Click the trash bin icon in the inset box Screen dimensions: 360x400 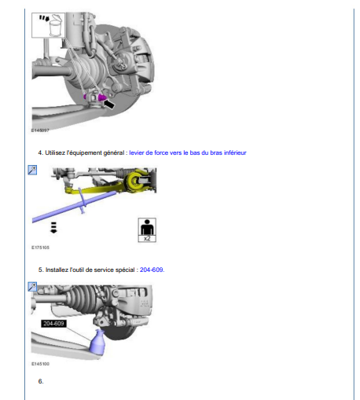pos(57,25)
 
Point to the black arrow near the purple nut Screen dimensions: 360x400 pos(109,105)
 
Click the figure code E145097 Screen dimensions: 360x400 pos(40,130)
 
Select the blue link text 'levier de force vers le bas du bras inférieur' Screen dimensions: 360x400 pos(188,152)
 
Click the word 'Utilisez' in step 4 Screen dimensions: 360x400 pos(55,152)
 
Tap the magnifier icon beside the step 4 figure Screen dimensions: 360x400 pos(32,170)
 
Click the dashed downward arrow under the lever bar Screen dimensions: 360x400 pos(53,227)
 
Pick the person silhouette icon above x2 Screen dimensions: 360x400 pos(147,227)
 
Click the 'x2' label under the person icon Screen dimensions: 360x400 pos(147,238)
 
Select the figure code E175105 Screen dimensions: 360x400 pos(40,248)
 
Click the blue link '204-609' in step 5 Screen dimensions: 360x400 pos(152,270)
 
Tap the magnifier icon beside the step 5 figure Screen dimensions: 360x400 pos(32,287)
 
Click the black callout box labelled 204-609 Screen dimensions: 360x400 pos(53,324)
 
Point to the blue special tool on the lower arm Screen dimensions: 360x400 pos(97,342)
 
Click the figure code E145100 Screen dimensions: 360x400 pos(40,364)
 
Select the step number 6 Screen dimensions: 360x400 pos(41,381)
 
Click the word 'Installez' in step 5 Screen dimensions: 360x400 pos(57,270)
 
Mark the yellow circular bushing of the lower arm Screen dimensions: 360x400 pos(135,181)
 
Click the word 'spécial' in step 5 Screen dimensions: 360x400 pos(126,270)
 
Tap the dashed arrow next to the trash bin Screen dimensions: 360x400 pos(44,18)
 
